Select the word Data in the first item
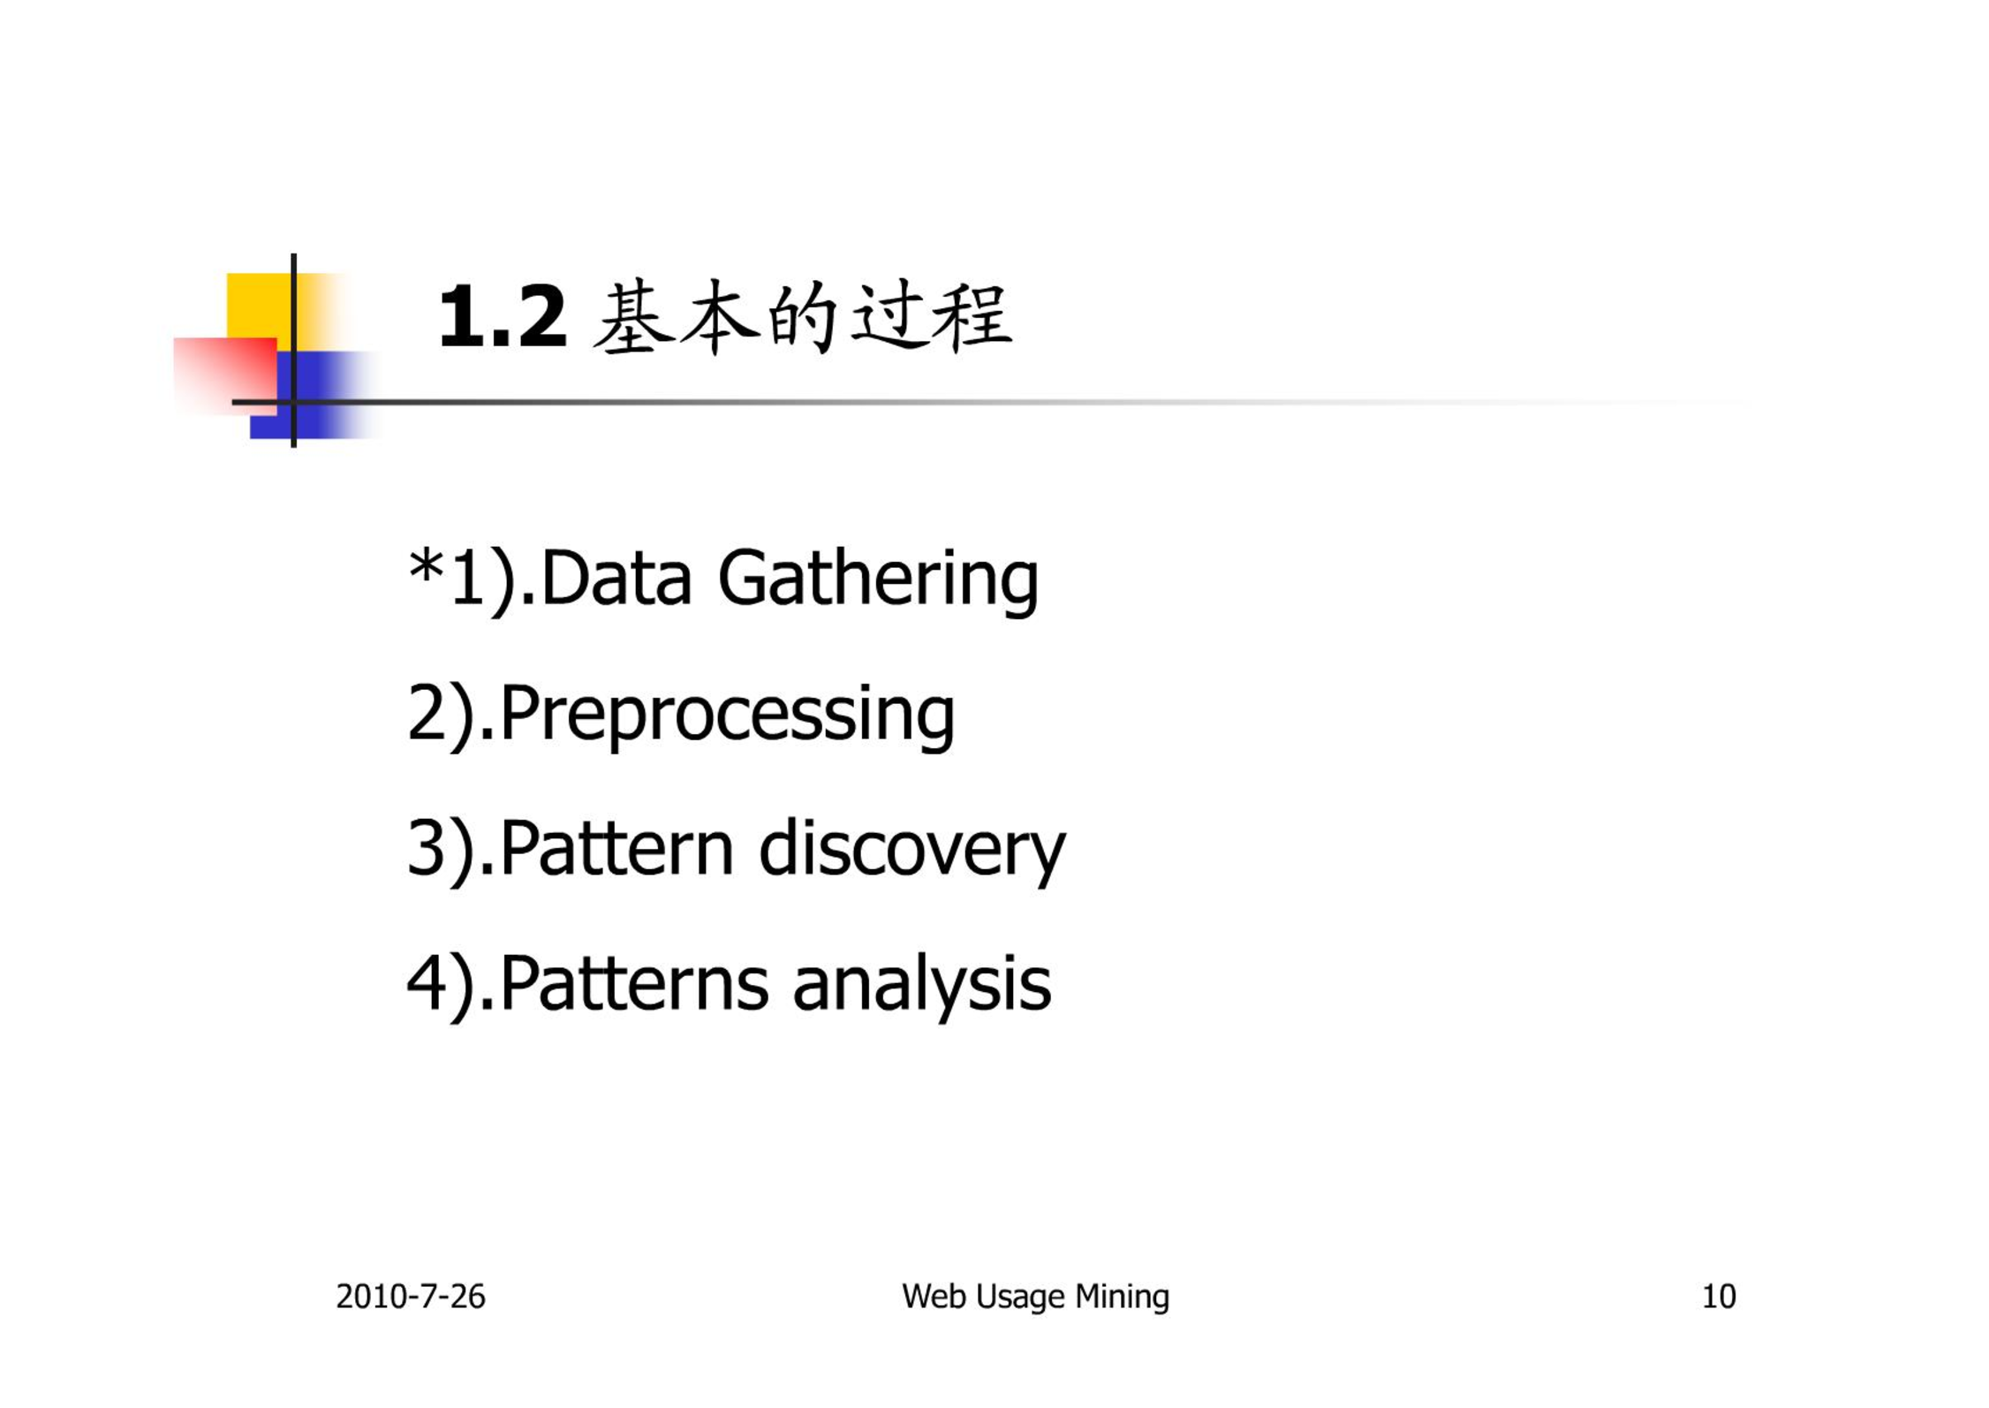(616, 579)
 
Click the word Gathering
(878, 580)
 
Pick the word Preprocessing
(727, 716)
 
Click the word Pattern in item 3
(616, 849)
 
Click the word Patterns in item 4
(633, 983)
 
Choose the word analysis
(922, 987)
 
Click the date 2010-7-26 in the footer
(411, 1297)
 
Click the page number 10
(1719, 1297)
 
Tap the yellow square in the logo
(260, 306)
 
